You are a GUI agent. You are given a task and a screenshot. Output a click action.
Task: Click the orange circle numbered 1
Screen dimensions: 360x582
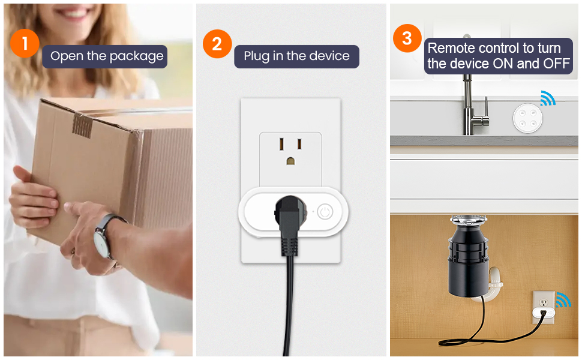click(x=25, y=43)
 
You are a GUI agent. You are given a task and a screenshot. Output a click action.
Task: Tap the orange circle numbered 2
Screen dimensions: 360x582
click(x=217, y=43)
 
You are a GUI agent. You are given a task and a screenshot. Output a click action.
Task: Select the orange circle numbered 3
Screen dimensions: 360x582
click(x=407, y=39)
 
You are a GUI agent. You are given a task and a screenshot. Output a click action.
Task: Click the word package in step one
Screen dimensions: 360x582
click(x=138, y=56)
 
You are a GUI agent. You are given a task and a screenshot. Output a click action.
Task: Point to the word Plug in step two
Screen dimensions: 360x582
click(x=256, y=56)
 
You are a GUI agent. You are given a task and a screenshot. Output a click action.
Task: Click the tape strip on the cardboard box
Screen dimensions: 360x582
click(x=83, y=125)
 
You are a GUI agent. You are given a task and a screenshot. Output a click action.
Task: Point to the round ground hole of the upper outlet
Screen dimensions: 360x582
click(x=291, y=161)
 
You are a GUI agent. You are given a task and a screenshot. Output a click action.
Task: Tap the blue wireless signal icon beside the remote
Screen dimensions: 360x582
click(x=547, y=98)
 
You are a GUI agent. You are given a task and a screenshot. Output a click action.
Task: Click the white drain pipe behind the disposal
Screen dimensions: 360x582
click(x=494, y=282)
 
